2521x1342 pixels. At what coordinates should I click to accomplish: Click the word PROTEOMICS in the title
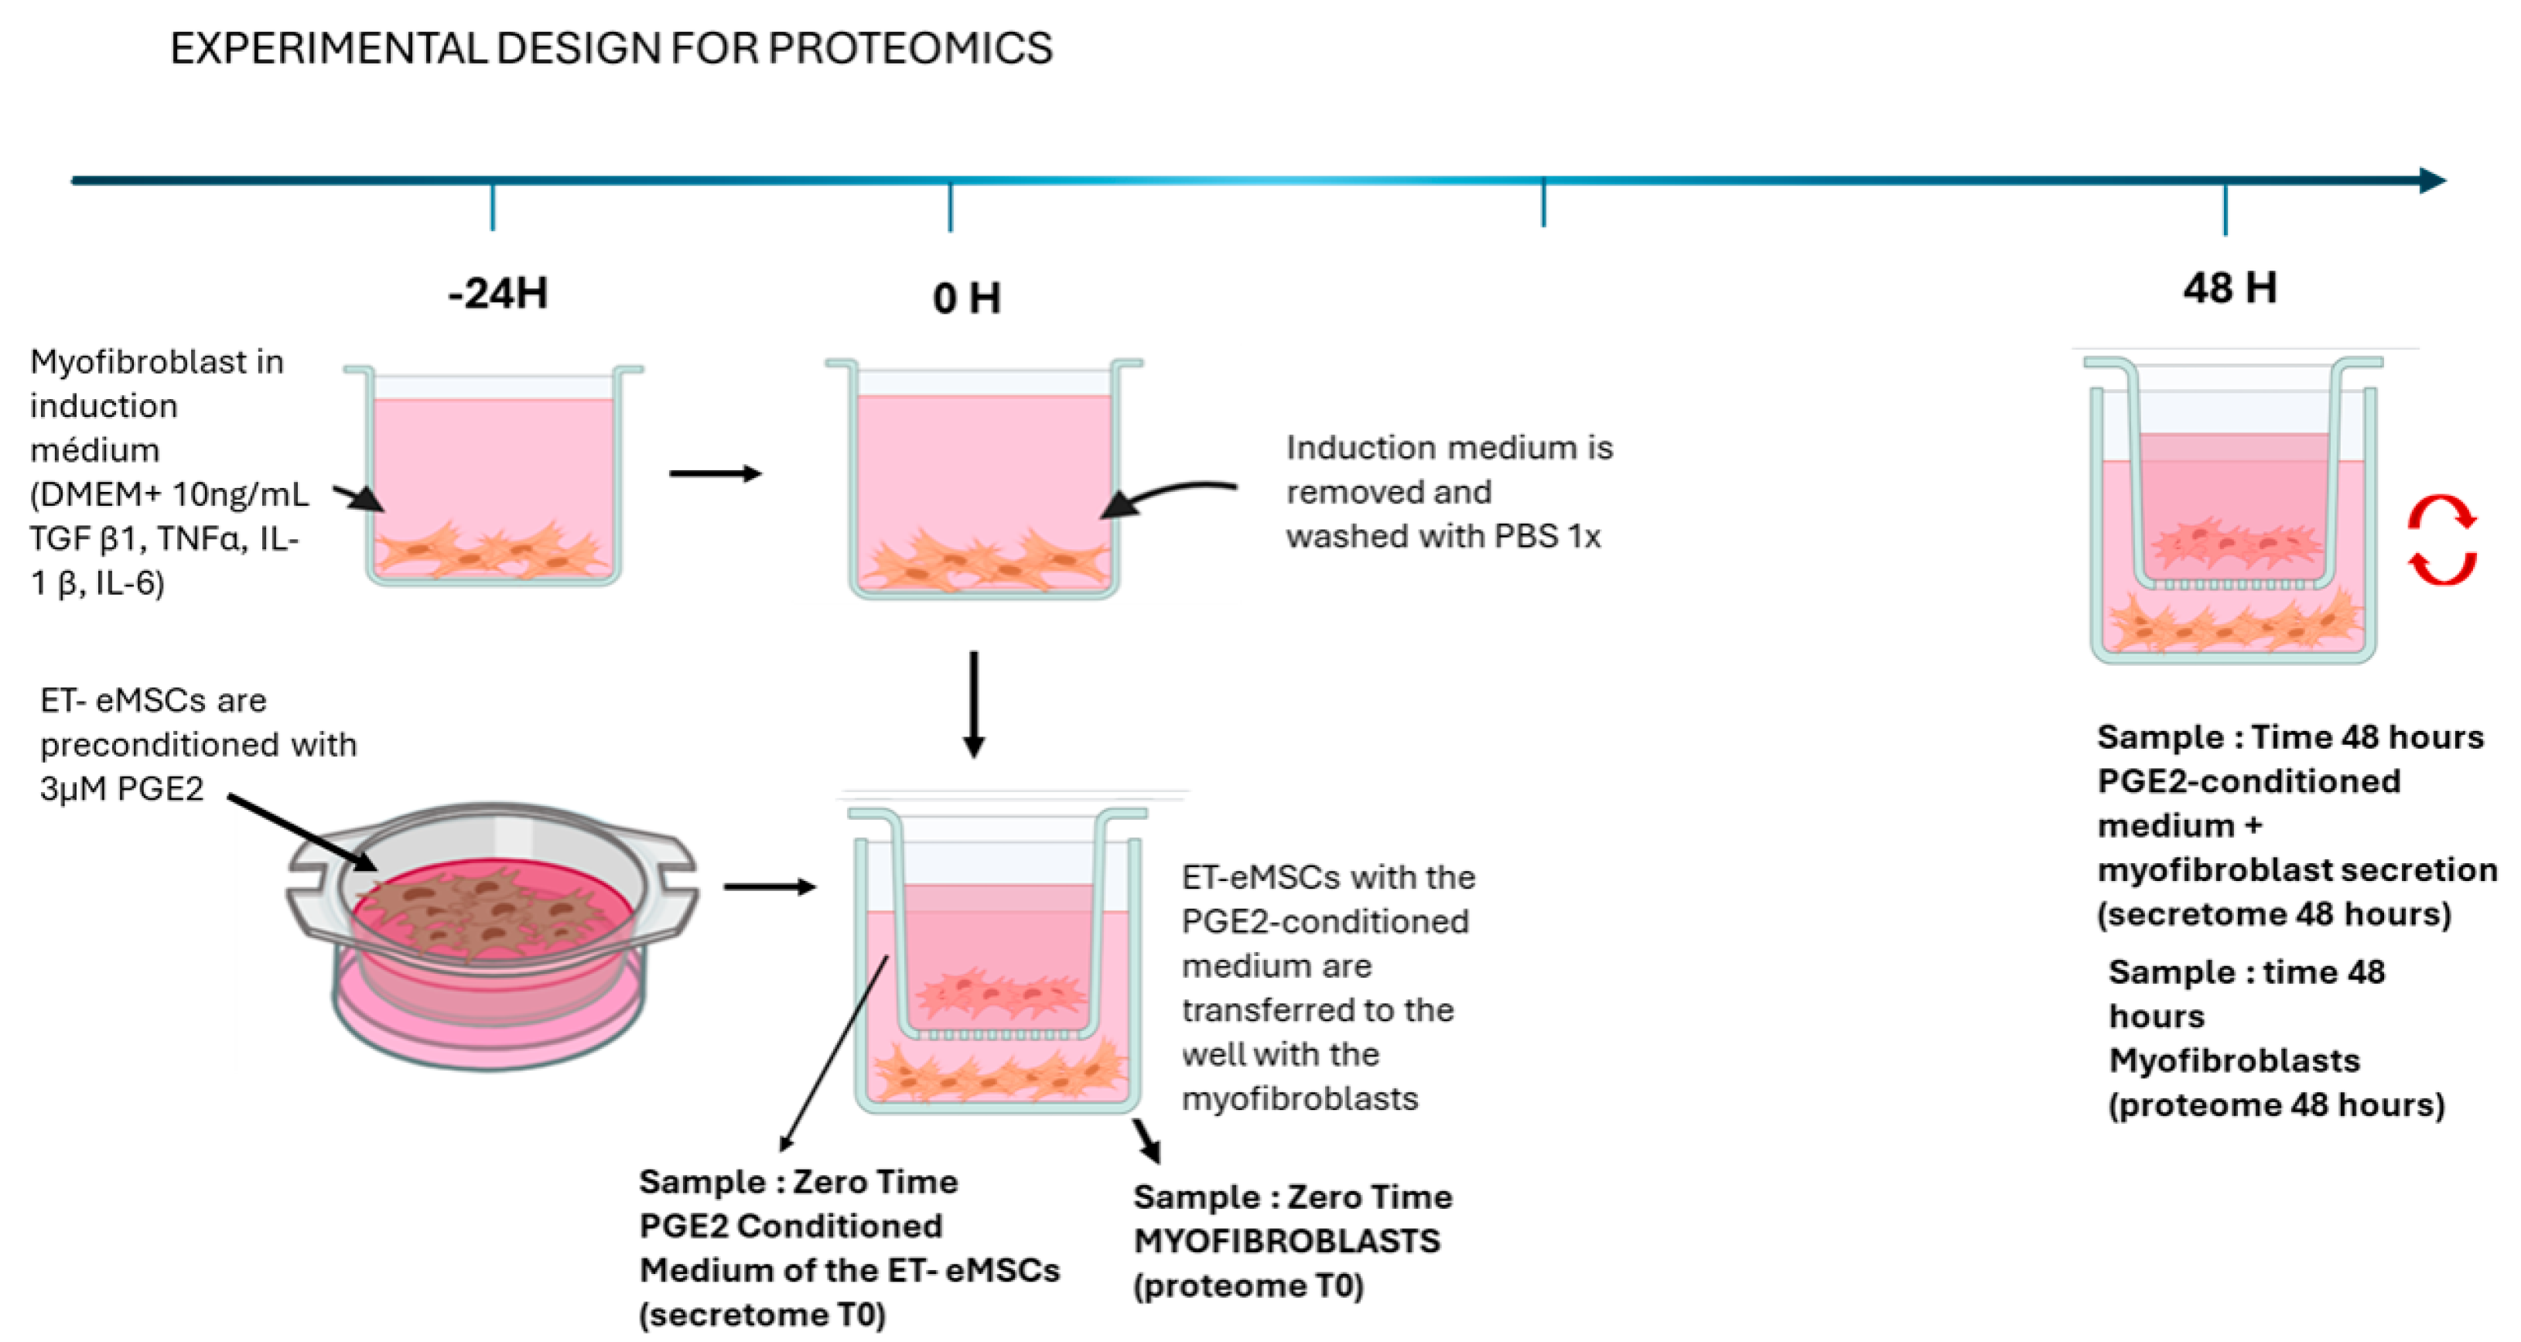tap(910, 48)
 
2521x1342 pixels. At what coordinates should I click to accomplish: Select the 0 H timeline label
tap(966, 298)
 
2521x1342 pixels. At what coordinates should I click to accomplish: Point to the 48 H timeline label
tap(2229, 288)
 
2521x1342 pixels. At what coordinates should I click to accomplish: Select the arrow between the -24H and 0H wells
tap(715, 474)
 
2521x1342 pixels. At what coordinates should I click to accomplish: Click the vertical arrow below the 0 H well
tap(974, 705)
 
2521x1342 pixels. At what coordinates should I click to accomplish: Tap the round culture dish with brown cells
tap(492, 930)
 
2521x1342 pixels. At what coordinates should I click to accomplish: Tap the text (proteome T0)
tap(1248, 1286)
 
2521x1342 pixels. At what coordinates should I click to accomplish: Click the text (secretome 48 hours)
tap(2273, 913)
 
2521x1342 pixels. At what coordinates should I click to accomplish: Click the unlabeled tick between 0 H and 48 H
tap(1543, 203)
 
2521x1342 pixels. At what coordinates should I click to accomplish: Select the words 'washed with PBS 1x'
tap(1443, 536)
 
